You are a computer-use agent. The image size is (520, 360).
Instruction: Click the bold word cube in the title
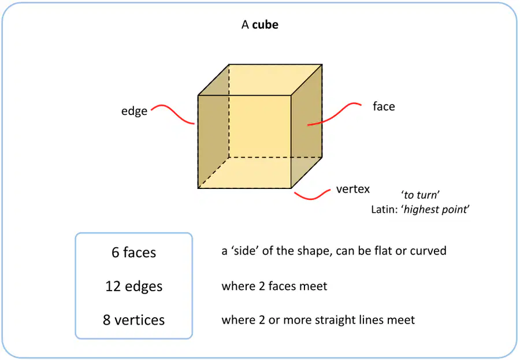(265, 24)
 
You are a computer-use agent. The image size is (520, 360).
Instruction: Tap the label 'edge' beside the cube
(134, 111)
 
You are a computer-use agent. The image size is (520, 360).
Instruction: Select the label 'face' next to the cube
(384, 106)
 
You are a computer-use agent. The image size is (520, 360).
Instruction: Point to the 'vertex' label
(353, 189)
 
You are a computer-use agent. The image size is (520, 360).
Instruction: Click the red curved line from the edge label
(173, 113)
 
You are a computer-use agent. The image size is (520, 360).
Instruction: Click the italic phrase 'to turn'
(420, 195)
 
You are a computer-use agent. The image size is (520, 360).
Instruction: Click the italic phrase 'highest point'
(436, 209)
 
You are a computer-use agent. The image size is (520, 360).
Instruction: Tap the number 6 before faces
(116, 253)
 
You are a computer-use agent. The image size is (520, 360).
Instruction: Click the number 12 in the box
(113, 287)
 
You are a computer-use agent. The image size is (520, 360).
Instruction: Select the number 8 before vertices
(106, 320)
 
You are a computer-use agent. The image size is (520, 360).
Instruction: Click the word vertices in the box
(140, 320)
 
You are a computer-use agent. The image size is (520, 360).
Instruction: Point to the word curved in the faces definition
(429, 251)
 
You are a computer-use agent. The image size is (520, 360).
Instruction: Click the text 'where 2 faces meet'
(274, 286)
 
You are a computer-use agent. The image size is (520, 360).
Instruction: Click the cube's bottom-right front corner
(291, 188)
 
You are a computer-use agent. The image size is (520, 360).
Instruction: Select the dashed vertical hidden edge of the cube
(229, 110)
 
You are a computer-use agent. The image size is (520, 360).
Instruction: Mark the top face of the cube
(261, 80)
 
